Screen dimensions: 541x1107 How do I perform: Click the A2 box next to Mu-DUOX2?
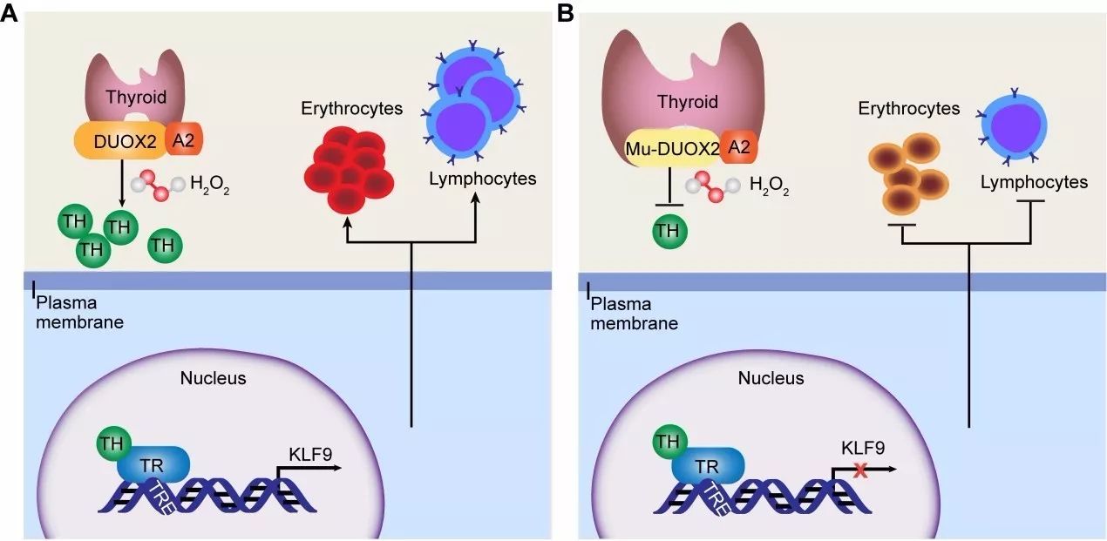point(738,148)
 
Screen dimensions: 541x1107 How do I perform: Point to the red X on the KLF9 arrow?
point(860,471)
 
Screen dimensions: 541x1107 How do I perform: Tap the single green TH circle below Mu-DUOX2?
point(669,231)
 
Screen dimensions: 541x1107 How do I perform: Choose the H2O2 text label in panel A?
point(209,184)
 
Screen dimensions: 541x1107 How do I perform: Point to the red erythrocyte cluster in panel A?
point(345,171)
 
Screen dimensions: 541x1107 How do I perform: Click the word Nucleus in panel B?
point(771,379)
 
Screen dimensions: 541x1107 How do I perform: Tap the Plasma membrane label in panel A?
point(79,313)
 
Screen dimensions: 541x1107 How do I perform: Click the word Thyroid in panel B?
point(688,102)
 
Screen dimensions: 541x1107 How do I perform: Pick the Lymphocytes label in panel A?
point(481,179)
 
